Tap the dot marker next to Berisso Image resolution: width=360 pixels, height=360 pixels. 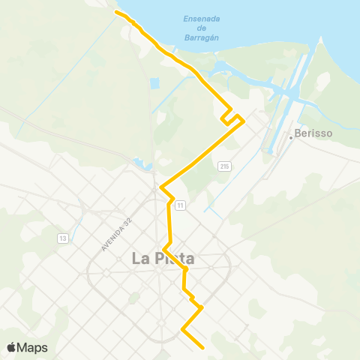click(x=291, y=137)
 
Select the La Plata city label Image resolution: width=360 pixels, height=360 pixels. click(x=163, y=259)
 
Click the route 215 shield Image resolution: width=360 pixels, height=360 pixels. click(x=225, y=166)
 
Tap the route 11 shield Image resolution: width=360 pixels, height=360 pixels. click(x=181, y=205)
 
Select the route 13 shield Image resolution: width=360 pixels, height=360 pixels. click(x=62, y=238)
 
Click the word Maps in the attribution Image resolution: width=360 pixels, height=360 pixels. click(x=32, y=347)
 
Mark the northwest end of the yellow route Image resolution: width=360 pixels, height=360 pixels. click(x=115, y=13)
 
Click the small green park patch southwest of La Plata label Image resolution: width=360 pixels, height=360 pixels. click(x=134, y=298)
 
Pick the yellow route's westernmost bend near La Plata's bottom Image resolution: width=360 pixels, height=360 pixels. click(x=182, y=329)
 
